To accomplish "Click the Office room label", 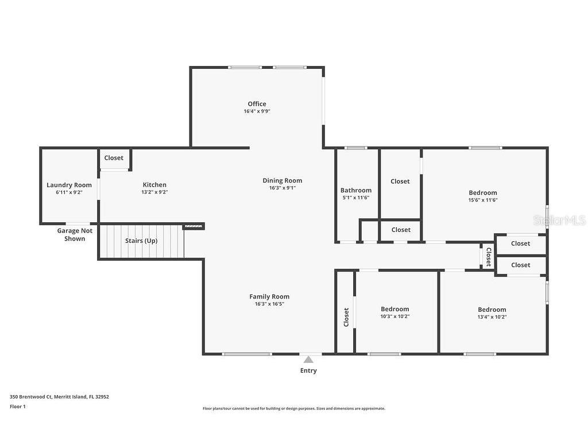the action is pos(257,104).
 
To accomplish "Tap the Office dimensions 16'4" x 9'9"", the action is pos(257,111).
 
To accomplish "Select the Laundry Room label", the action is pos(69,185).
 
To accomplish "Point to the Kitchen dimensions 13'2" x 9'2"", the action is pos(154,192).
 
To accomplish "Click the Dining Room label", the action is pos(283,181).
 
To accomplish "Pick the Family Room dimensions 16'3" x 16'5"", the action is pos(269,304).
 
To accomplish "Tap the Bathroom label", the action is pos(356,190).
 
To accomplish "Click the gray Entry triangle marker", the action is pos(308,360).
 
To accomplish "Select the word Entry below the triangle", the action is pos(308,370).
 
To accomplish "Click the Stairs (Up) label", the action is pos(141,241).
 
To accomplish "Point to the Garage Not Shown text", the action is pos(75,235).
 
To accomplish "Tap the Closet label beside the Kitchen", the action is pos(114,158).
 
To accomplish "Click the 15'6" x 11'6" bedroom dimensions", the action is pos(483,200).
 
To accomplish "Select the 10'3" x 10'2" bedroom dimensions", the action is pos(395,316).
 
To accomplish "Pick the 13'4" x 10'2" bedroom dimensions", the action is pos(492,316).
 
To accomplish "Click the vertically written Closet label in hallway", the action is pos(489,257).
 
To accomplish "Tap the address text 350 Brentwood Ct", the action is pos(31,397).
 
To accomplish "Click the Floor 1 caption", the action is pos(18,407).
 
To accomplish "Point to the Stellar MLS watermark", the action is pos(559,220).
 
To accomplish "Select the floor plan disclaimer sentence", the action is pos(294,408).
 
